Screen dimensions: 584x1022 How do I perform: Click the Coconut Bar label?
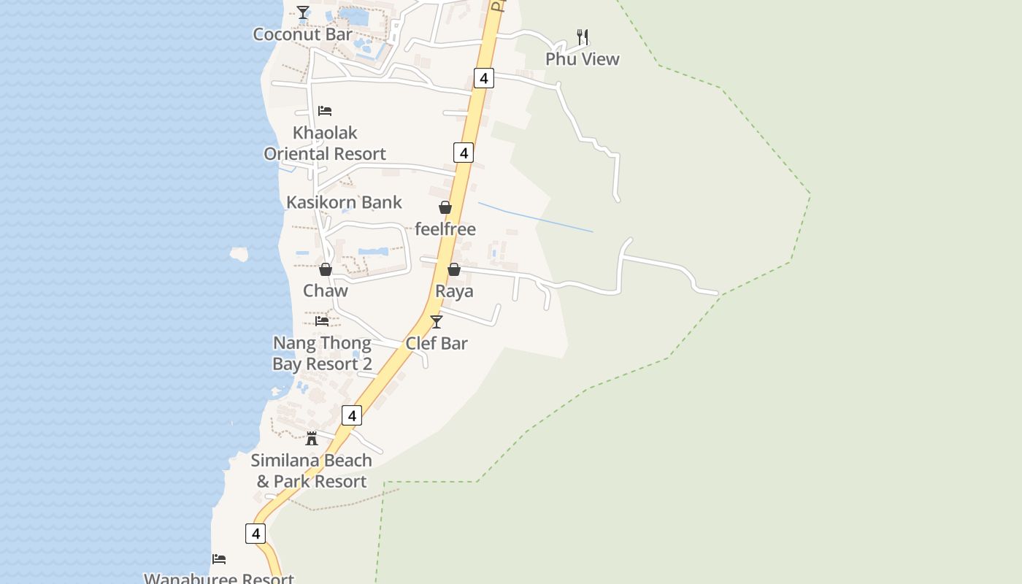point(302,34)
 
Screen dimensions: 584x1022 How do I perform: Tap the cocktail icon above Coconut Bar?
point(303,12)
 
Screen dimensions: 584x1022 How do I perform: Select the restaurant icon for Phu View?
point(583,36)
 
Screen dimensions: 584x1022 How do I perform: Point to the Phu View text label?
point(583,59)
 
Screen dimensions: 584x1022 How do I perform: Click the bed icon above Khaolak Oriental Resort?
point(325,111)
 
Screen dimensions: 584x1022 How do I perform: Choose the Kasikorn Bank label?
point(344,202)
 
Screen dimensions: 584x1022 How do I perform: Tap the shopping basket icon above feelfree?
point(445,208)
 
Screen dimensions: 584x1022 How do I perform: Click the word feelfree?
point(445,229)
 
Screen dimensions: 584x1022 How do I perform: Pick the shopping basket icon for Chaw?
point(326,269)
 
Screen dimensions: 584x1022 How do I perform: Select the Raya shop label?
point(454,291)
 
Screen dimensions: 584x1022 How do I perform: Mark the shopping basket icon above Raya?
point(454,269)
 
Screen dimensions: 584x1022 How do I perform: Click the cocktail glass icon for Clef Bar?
point(437,322)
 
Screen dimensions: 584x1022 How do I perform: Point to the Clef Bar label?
point(437,343)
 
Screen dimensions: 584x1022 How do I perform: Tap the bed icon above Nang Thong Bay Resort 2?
point(322,321)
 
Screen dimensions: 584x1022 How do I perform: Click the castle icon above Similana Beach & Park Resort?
point(312,439)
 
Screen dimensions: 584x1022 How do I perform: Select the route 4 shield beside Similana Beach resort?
point(352,415)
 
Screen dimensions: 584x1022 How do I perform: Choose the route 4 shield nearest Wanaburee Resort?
point(255,534)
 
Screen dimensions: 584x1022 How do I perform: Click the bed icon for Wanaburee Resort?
point(219,559)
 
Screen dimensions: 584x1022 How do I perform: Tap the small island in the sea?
point(239,254)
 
